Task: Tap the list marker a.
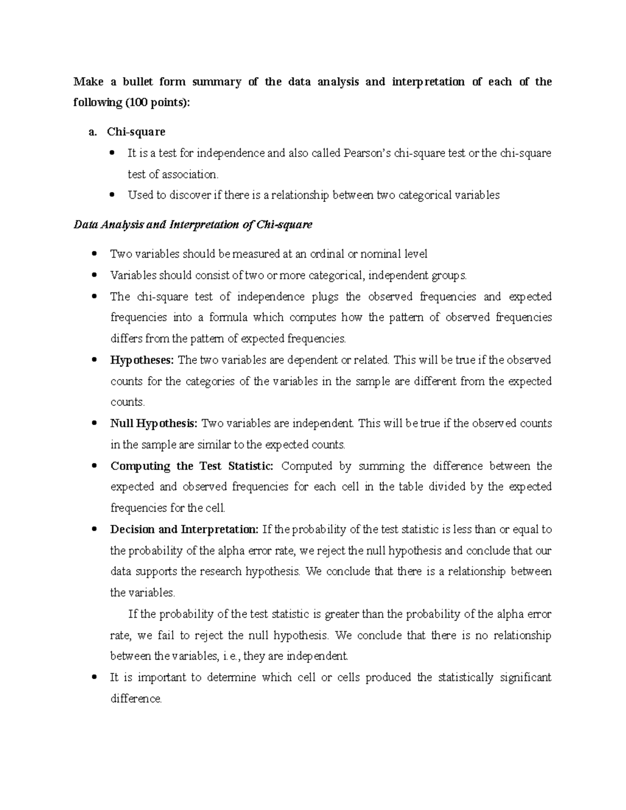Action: tap(92, 132)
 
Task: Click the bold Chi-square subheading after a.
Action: tap(136, 132)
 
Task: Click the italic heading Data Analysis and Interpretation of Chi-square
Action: tap(192, 225)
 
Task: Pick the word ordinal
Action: tap(327, 254)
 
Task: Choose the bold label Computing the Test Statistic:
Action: tap(191, 466)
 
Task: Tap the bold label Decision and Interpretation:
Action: tap(184, 529)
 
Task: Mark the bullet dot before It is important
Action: tap(94, 678)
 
